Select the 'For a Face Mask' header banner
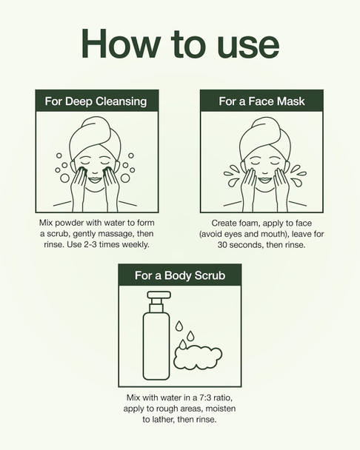(261, 101)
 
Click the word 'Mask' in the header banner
(288, 101)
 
